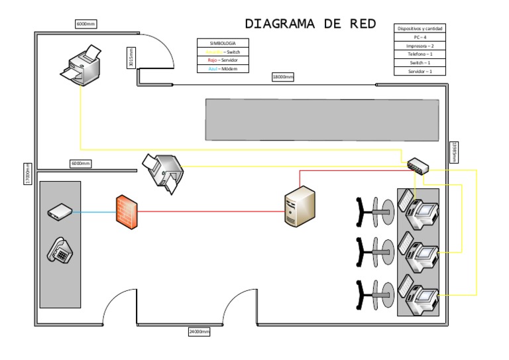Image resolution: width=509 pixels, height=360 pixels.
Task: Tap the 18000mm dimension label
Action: click(283, 77)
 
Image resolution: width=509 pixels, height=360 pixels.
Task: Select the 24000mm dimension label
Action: click(199, 331)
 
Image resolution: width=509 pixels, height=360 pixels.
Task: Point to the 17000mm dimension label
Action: click(28, 174)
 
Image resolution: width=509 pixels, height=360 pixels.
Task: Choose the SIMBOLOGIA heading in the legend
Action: click(223, 43)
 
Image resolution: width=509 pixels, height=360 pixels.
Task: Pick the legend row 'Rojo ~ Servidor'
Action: click(223, 60)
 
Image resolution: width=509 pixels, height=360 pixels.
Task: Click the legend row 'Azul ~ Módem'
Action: click(223, 69)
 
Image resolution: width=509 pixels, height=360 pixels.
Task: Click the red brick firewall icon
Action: click(126, 211)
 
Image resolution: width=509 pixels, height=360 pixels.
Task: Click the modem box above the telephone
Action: click(60, 212)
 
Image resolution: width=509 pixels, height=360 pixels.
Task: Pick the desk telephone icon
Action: click(60, 251)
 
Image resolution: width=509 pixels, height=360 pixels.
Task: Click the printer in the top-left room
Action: click(82, 64)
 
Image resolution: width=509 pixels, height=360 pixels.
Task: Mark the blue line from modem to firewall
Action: click(93, 213)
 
